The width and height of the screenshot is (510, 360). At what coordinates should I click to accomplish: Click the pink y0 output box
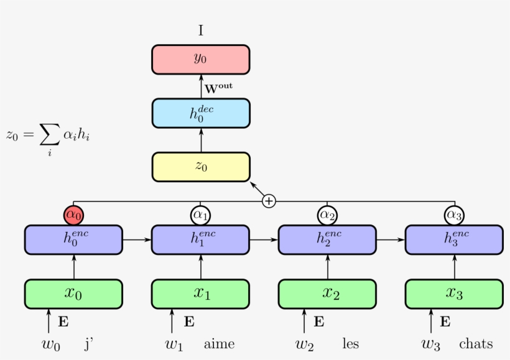coord(200,60)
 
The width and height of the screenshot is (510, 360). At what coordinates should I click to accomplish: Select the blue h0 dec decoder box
coord(200,113)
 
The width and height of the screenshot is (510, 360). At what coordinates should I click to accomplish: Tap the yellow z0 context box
coord(200,167)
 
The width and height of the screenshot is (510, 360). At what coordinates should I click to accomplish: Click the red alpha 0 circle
coord(73,215)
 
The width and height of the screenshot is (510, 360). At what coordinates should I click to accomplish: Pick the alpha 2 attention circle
coord(327,215)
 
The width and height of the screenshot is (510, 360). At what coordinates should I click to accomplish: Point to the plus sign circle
coord(269,201)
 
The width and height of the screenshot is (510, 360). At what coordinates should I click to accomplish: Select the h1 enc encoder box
coord(200,239)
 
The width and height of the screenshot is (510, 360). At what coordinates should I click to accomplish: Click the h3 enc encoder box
coord(454,239)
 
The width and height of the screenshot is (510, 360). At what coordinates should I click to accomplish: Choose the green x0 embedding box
coord(73,293)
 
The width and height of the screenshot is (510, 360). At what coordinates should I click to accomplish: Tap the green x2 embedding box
coord(327,293)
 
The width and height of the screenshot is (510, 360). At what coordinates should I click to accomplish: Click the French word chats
coord(476,344)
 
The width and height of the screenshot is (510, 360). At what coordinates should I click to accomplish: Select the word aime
coord(219,344)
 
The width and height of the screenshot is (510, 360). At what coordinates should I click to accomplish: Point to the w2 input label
coord(305,344)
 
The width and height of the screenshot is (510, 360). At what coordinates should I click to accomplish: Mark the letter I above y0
coord(200,30)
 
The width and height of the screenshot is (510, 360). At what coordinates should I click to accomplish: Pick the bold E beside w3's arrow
coord(445,321)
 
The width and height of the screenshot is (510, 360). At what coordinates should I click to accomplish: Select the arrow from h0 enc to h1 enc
coord(137,239)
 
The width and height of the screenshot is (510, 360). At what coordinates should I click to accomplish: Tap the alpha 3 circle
coord(454,215)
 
